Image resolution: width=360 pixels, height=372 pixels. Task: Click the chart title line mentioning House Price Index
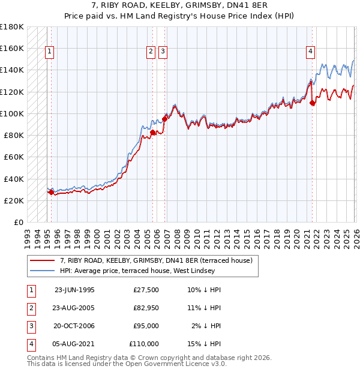180,16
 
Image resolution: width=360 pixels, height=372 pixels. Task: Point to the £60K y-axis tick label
14,157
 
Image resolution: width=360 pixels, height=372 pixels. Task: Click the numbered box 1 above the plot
49,52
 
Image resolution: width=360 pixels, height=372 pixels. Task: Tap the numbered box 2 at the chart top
151,52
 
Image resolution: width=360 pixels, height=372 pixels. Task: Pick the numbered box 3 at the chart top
163,52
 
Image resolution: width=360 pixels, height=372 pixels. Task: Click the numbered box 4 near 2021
310,52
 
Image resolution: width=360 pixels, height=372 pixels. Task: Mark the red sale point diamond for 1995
51,193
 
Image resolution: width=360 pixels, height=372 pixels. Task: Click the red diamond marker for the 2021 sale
313,103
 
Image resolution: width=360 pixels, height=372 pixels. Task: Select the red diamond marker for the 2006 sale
164,119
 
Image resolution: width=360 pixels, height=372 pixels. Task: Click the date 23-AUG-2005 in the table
74,308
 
